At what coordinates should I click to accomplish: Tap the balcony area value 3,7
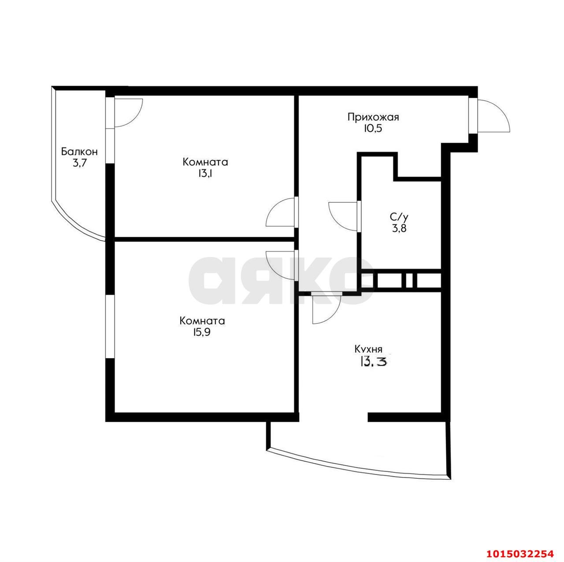(79, 163)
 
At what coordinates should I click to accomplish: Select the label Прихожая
(373, 118)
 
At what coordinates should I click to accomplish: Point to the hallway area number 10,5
(373, 129)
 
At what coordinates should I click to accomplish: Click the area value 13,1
(205, 174)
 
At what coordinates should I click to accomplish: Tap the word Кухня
(368, 350)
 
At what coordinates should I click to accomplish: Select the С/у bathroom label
(399, 217)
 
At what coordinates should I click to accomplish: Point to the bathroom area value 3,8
(399, 228)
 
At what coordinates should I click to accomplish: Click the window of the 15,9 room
(110, 326)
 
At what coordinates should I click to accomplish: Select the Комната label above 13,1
(205, 162)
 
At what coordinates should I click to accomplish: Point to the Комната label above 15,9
(202, 321)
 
